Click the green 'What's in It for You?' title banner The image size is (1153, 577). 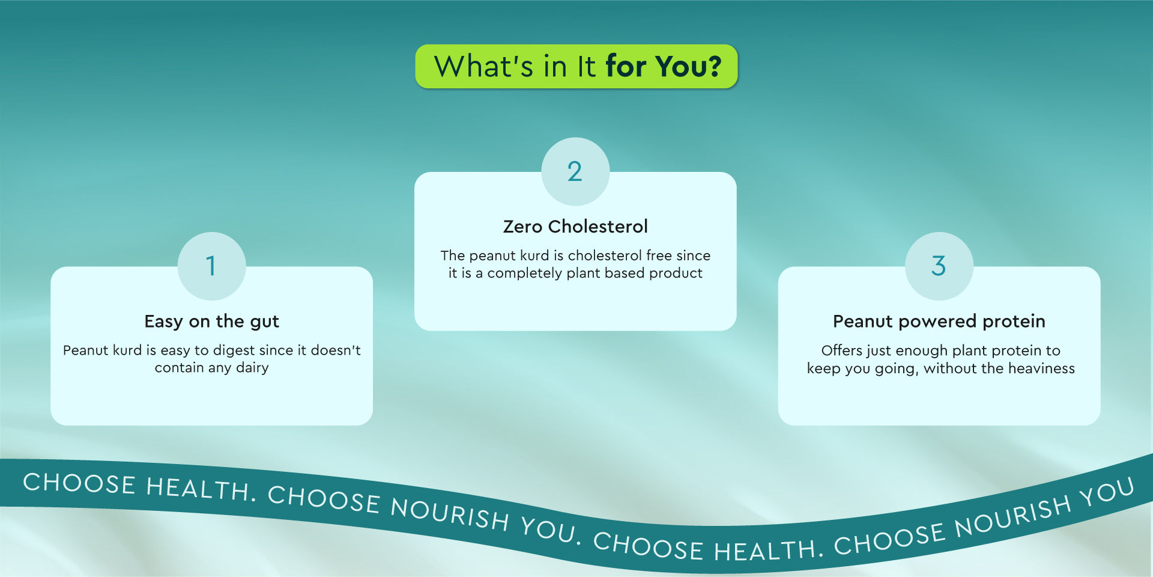pyautogui.click(x=576, y=66)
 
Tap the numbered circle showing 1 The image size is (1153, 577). pyautogui.click(x=211, y=266)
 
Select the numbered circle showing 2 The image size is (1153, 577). pyautogui.click(x=575, y=172)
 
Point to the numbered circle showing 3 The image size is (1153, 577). pyautogui.click(x=939, y=266)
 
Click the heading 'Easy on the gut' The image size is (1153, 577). pyautogui.click(x=211, y=322)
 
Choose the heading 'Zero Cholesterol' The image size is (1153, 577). pyautogui.click(x=575, y=227)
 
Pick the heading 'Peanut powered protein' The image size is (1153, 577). pyautogui.click(x=939, y=322)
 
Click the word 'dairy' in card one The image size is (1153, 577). pyautogui.click(x=252, y=368)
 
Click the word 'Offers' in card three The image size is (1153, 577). pyautogui.click(x=841, y=350)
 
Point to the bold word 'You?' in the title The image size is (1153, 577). pyautogui.click(x=688, y=66)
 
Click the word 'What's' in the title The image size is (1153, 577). pyautogui.click(x=483, y=66)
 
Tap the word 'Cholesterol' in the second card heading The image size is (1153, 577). pyautogui.click(x=598, y=227)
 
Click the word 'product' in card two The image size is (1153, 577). pyautogui.click(x=676, y=274)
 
